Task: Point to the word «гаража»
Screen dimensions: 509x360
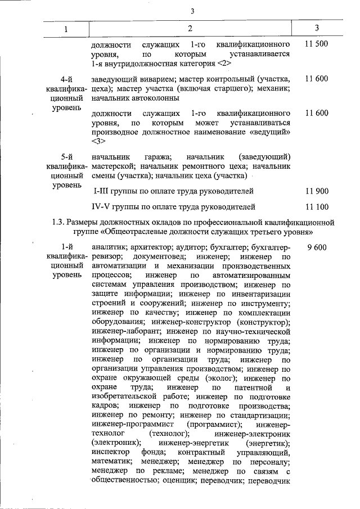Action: point(158,156)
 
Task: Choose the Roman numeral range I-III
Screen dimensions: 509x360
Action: point(103,192)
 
